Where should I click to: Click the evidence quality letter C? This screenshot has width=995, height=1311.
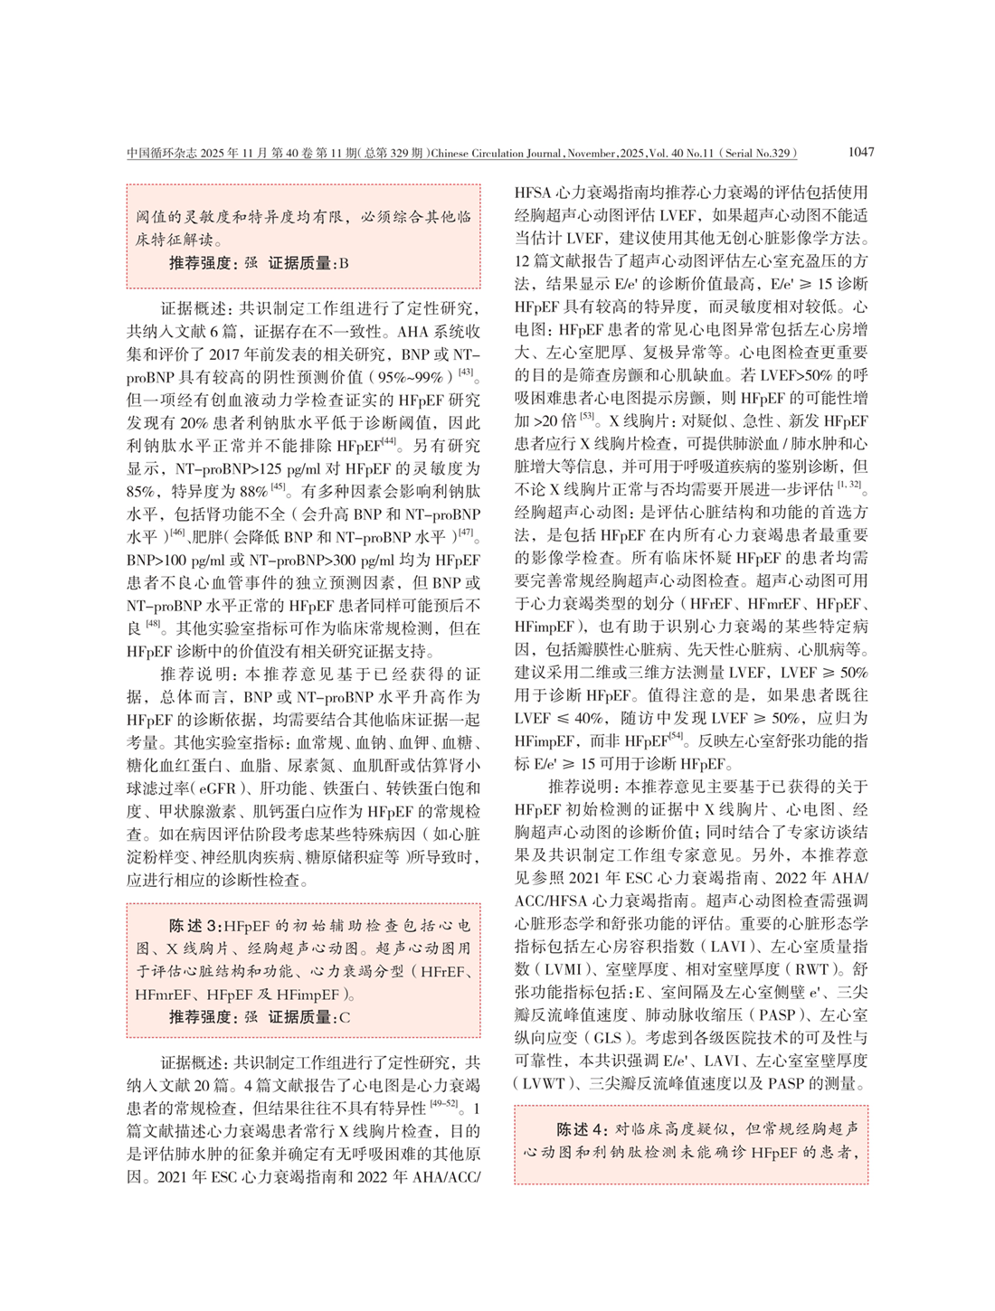tap(344, 1017)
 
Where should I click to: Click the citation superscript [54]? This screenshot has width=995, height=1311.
tap(675, 737)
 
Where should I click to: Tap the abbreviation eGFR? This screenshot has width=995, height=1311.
tap(218, 788)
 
